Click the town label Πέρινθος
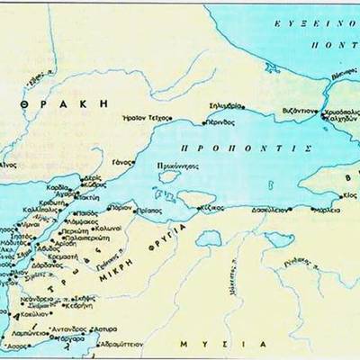click(x=217, y=121)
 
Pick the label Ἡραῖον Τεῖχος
click(x=148, y=117)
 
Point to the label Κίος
click(x=351, y=193)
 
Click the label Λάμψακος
click(x=80, y=221)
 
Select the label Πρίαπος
click(x=151, y=208)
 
